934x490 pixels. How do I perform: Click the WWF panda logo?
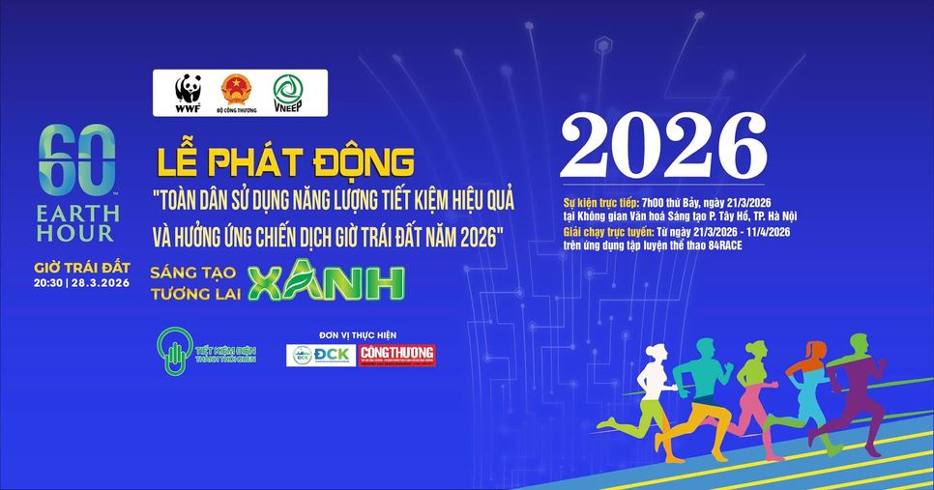[x=188, y=93]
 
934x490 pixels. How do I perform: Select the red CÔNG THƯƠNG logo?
[x=396, y=356]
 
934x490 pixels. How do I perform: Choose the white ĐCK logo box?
[x=320, y=356]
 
